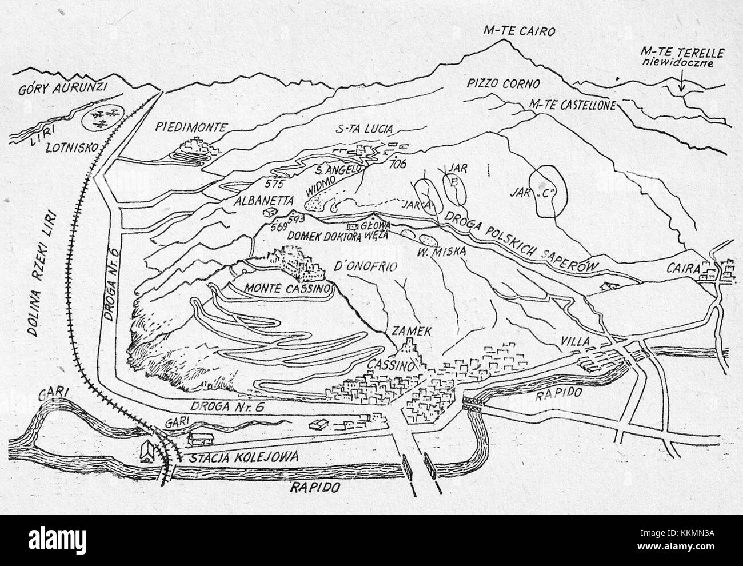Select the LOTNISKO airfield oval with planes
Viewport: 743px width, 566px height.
coord(102,118)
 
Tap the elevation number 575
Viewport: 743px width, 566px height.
coord(275,184)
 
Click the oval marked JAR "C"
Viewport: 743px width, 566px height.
coord(546,192)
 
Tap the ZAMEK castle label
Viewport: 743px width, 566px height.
coord(406,331)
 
